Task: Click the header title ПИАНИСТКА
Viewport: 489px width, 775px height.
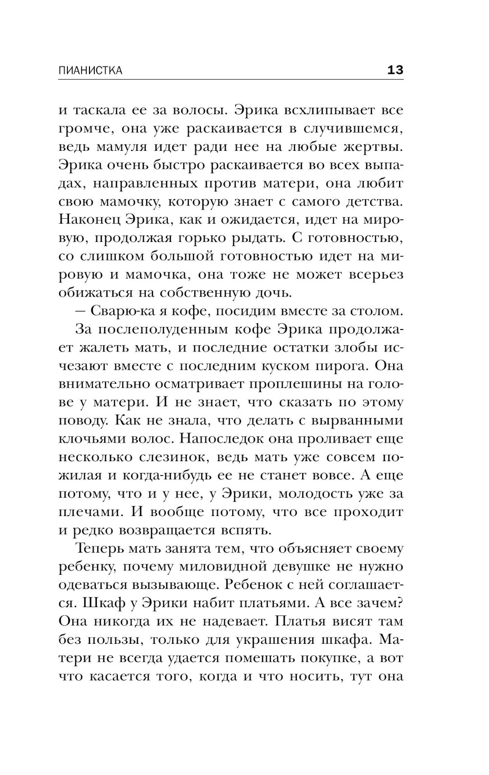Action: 90,70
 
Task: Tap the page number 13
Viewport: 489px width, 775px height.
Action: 395,70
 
